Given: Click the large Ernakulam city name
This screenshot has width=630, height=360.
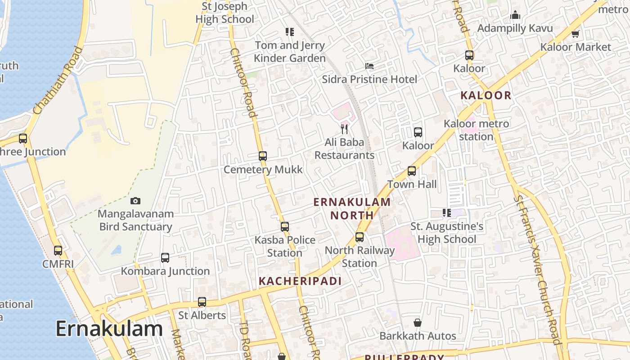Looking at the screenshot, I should pos(109,329).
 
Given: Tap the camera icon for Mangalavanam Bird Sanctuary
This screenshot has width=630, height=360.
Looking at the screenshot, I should pos(135,201).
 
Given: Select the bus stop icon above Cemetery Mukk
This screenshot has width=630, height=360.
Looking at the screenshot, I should pos(263,156).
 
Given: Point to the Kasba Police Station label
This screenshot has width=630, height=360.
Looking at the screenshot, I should pos(285,246).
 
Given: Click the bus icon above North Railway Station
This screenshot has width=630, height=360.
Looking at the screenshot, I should pos(360,237).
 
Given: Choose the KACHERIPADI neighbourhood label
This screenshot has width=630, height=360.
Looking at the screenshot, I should pos(300,281).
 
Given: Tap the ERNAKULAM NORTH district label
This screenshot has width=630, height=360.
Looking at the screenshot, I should pos(352,208).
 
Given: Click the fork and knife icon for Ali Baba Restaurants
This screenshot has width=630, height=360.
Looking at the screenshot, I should pos(345,129).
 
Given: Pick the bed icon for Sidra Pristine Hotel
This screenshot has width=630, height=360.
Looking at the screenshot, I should pos(369,66).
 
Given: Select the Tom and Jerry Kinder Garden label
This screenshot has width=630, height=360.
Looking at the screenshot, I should pos(289,52).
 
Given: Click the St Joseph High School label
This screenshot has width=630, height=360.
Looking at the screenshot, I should pos(225,13).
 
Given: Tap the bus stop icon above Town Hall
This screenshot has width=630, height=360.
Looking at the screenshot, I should pos(412,171).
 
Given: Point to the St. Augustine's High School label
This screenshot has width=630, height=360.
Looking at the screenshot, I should pos(447,233).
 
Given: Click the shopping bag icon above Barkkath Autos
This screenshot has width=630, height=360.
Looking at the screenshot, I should pos(418,323).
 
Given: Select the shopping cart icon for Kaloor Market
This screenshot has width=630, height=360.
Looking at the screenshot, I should pos(575,34).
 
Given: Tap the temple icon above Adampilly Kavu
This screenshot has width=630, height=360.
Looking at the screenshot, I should pos(515,15).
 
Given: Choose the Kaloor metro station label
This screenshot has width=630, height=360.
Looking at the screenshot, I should pos(476,130).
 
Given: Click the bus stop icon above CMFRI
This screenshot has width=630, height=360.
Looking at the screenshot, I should pos(58,251).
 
